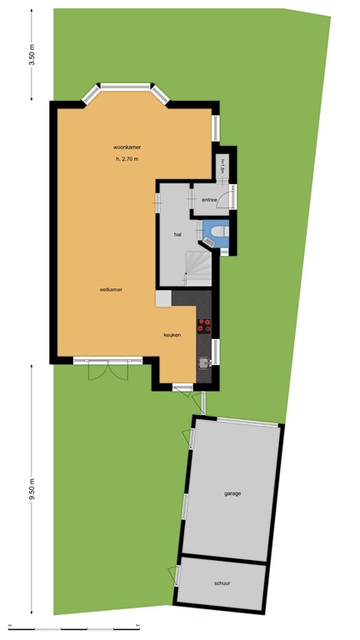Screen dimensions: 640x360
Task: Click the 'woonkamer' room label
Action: (127, 147)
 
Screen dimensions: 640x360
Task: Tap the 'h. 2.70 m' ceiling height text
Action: (127, 159)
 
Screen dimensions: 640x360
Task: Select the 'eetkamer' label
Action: (111, 289)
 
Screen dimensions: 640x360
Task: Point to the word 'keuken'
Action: (172, 334)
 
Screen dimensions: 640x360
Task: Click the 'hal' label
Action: (177, 235)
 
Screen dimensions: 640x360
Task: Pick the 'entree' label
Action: (208, 200)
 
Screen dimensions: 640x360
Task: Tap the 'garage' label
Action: (232, 493)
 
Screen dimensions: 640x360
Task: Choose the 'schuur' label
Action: (222, 583)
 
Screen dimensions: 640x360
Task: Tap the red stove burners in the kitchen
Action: (203, 326)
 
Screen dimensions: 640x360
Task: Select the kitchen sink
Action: (203, 362)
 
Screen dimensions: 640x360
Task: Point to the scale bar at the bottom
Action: (180, 627)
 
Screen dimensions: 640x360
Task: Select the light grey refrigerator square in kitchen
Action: (162, 297)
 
